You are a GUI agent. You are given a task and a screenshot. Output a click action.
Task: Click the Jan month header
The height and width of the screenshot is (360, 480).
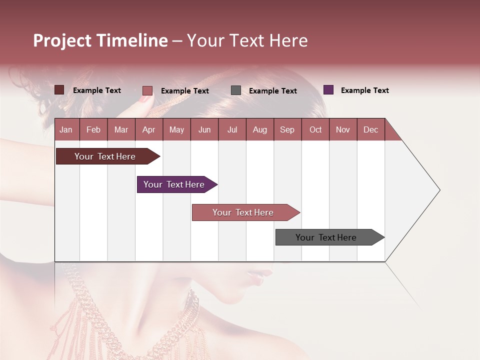[66, 129]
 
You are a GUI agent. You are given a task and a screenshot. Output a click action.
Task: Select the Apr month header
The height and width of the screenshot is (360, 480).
[148, 129]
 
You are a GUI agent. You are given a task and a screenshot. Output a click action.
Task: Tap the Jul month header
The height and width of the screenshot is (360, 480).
[232, 129]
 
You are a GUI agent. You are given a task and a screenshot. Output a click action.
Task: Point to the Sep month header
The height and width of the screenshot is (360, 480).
[287, 129]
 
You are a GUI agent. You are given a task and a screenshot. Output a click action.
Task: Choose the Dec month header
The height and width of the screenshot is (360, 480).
[370, 129]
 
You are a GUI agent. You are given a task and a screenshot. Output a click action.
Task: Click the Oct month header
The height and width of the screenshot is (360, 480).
[315, 129]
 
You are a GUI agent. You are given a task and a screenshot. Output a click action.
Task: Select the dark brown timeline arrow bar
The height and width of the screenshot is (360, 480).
[105, 156]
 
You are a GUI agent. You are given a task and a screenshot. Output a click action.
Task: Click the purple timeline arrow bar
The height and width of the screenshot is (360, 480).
[174, 184]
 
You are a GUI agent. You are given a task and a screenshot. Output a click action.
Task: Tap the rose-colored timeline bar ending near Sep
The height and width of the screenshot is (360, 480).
[243, 212]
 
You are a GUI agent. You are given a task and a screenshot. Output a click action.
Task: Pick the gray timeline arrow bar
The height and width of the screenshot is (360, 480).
[326, 237]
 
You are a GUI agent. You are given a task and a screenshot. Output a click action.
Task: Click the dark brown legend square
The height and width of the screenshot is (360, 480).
[59, 90]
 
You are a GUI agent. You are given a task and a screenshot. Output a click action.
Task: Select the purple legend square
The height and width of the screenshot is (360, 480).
[328, 90]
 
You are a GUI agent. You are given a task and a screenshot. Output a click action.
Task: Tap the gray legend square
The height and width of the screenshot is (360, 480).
[236, 90]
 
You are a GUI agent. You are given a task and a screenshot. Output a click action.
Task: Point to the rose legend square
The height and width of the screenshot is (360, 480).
[147, 90]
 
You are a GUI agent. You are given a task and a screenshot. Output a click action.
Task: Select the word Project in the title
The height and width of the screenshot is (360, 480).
[62, 40]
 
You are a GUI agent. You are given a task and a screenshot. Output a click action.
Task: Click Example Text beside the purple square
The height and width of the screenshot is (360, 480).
[364, 90]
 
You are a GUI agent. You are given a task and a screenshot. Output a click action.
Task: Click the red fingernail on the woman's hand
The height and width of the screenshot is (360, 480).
[145, 99]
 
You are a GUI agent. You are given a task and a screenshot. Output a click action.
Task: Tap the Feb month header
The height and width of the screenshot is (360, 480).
[93, 129]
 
